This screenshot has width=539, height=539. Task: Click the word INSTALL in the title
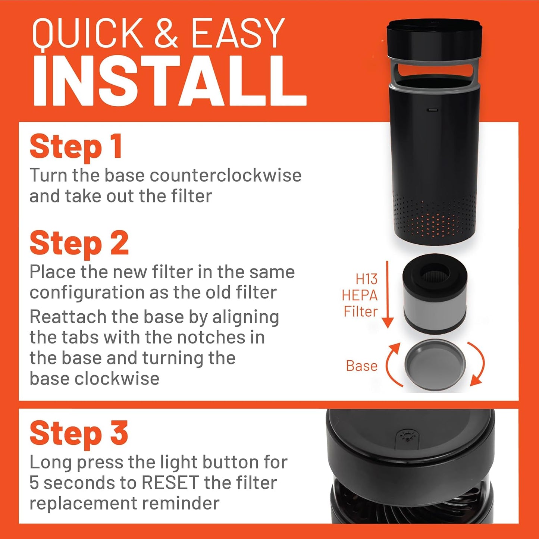point(170,81)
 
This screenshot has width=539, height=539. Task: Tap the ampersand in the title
point(167,34)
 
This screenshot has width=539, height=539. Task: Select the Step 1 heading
point(76,147)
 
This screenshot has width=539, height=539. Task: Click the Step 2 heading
point(79,243)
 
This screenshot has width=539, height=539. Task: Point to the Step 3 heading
point(79,433)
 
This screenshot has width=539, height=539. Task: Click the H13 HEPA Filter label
point(360,295)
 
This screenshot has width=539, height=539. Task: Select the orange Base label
point(361,366)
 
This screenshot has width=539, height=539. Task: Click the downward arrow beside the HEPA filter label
point(388,294)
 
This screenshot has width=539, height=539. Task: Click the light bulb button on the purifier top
point(405,436)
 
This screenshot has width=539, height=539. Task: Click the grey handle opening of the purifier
point(434,71)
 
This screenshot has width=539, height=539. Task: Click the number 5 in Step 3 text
point(34,483)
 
